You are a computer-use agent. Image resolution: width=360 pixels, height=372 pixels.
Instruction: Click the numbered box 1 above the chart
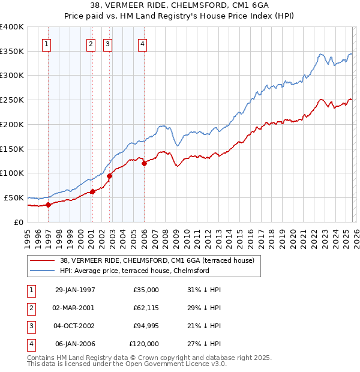click(x=47, y=43)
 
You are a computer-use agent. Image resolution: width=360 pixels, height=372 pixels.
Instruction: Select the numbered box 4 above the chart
click(x=142, y=43)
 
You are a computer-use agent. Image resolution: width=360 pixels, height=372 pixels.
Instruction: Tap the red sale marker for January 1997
click(x=49, y=205)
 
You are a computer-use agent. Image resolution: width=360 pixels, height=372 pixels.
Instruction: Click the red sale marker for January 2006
click(x=144, y=163)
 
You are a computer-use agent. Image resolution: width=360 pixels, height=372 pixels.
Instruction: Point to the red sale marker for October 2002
click(x=109, y=176)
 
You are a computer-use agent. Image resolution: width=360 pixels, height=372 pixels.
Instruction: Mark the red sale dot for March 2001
click(x=92, y=192)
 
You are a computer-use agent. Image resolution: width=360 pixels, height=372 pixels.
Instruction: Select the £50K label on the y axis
click(x=14, y=197)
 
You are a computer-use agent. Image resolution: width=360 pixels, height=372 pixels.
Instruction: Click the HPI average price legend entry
click(x=134, y=271)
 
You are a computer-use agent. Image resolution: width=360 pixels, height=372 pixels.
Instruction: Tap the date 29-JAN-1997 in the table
click(x=75, y=289)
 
